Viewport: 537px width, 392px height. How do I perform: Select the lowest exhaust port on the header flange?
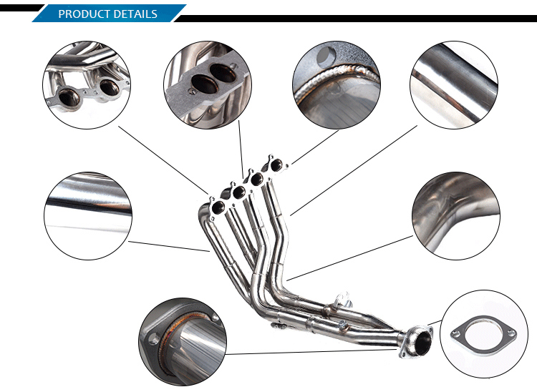(218, 207)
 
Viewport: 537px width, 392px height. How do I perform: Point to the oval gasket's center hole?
(483, 335)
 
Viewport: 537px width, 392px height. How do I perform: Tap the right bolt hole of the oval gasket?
(511, 332)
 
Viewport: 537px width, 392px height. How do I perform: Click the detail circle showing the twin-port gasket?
(208, 85)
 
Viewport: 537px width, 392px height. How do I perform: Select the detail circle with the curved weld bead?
(337, 85)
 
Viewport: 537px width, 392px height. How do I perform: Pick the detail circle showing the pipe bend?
(456, 216)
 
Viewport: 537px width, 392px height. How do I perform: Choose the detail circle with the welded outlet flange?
(183, 341)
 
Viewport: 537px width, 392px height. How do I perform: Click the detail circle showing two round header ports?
(87, 85)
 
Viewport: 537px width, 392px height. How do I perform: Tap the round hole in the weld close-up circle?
(326, 56)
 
